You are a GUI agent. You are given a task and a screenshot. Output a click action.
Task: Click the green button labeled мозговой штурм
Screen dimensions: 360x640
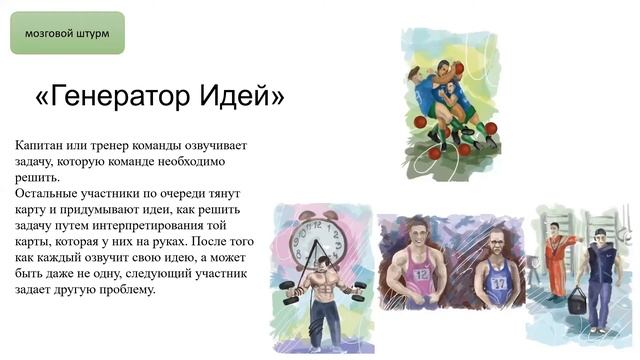67,33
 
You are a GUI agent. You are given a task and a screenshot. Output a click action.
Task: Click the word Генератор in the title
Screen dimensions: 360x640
117,96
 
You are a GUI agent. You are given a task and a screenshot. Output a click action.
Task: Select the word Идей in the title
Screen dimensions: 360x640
241,96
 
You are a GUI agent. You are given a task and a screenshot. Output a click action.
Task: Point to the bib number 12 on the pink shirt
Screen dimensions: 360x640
420,273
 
